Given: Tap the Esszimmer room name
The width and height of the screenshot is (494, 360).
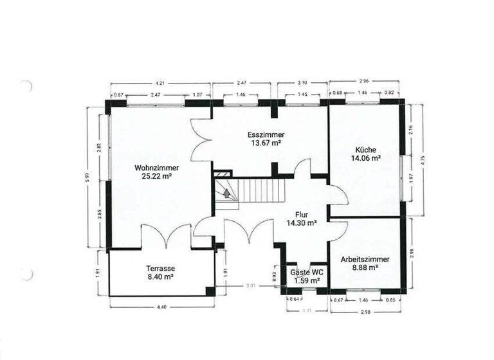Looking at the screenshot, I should pyautogui.click(x=266, y=135).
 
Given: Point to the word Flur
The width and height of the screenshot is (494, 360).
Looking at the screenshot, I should pyautogui.click(x=302, y=215).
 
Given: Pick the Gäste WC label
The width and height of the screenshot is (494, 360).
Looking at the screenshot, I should pyautogui.click(x=303, y=273).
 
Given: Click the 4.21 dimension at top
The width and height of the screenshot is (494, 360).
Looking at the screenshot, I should pyautogui.click(x=161, y=83).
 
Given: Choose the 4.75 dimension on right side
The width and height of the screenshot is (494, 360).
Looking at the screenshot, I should pyautogui.click(x=423, y=160).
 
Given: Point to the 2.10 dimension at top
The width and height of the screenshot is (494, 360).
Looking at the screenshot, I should pyautogui.click(x=302, y=83).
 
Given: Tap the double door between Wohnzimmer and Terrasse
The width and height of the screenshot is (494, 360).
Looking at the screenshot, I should pyautogui.click(x=167, y=237).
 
